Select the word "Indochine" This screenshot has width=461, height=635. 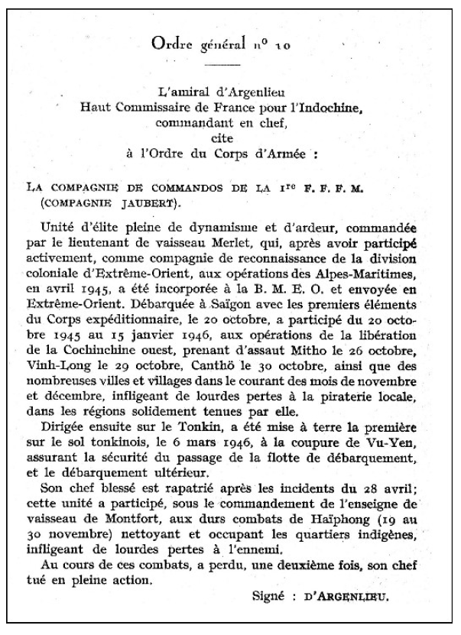tap(339, 107)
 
